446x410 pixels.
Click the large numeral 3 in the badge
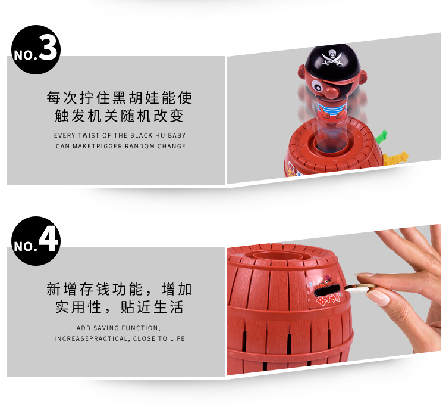pyautogui.click(x=48, y=47)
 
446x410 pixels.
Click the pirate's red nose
pyautogui.click(x=331, y=92)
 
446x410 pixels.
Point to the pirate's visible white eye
pyautogui.click(x=316, y=85)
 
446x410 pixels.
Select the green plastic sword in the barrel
pyautogui.click(x=381, y=136)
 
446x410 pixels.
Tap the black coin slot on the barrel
pyautogui.click(x=328, y=290)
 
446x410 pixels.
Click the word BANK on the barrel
pyautogui.click(x=328, y=299)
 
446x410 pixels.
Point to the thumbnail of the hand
pyautogui.click(x=379, y=298)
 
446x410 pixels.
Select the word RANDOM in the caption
pyautogui.click(x=140, y=146)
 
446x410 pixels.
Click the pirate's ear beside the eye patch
pyautogui.click(x=362, y=76)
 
